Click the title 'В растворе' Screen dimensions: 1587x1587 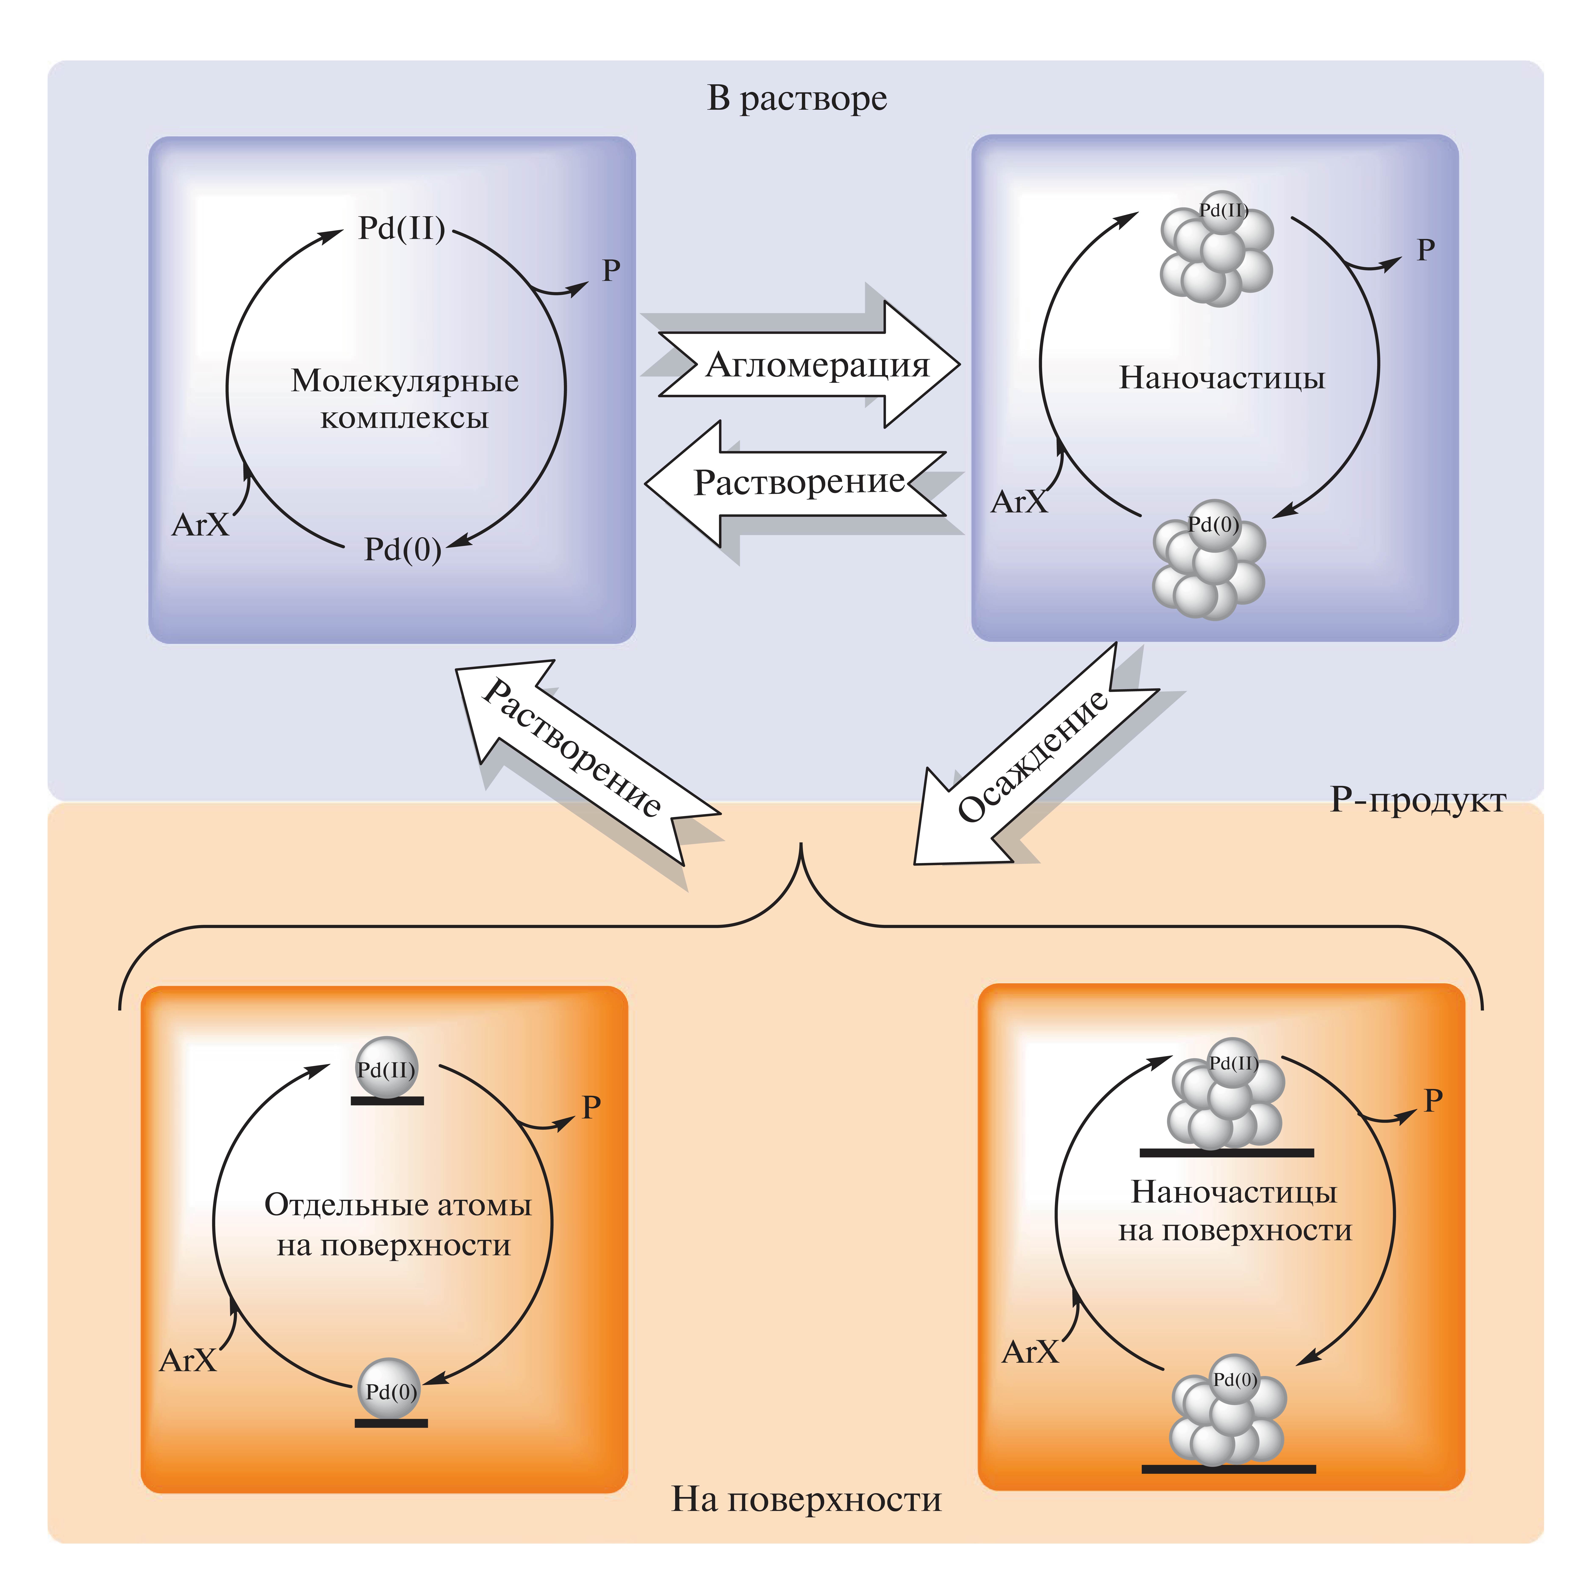pyautogui.click(x=797, y=98)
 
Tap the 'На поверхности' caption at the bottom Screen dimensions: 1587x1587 pyautogui.click(x=806, y=1499)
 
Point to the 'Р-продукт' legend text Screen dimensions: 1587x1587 pyautogui.click(x=1418, y=799)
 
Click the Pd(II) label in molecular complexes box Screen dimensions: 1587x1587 pyautogui.click(x=402, y=228)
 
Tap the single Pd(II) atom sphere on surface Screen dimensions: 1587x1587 pyautogui.click(x=386, y=1068)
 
